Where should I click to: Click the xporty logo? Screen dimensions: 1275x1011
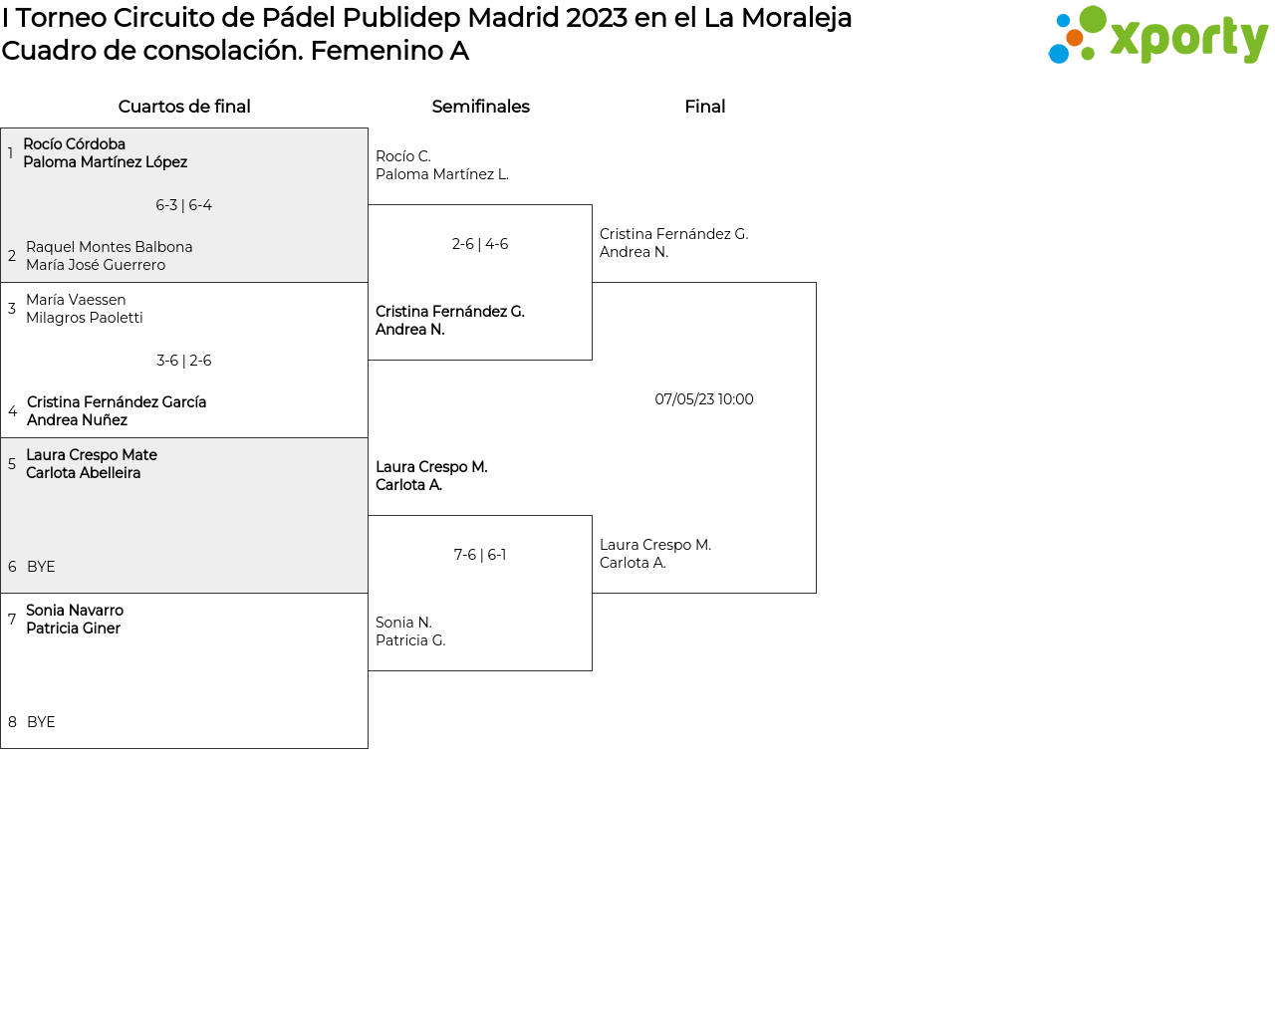click(x=1157, y=35)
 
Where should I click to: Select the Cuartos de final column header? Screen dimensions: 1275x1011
click(x=184, y=107)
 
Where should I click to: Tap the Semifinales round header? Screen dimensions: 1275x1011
click(x=480, y=107)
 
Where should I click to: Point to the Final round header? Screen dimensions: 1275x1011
click(x=705, y=107)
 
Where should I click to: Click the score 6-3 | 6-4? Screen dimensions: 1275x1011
click(x=183, y=205)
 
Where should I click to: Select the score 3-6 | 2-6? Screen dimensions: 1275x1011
click(x=183, y=361)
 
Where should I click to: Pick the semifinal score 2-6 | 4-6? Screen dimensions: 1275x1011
click(x=480, y=244)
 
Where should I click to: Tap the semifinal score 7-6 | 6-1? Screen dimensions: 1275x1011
click(x=480, y=555)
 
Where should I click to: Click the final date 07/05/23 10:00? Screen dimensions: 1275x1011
click(x=704, y=399)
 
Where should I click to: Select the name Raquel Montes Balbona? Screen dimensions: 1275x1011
click(x=109, y=247)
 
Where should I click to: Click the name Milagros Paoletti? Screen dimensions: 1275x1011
click(x=84, y=318)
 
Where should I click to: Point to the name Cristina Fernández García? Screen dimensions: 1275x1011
click(x=117, y=401)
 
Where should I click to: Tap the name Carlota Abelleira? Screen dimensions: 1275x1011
click(x=84, y=473)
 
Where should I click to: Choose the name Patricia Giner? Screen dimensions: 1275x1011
click(x=74, y=629)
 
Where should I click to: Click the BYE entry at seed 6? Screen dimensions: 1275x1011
click(x=41, y=567)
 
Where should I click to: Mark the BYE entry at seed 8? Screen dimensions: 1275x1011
click(x=41, y=722)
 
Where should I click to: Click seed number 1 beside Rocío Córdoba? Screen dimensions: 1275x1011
click(x=11, y=152)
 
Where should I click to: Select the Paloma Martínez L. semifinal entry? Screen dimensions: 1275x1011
click(x=442, y=174)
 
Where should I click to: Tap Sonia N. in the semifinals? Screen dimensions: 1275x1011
click(x=403, y=623)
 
